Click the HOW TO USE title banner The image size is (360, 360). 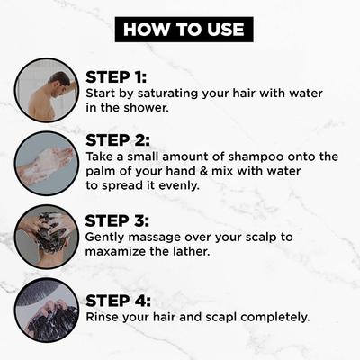(183, 29)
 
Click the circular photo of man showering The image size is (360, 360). (46, 90)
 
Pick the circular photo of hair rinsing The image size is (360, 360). (46, 310)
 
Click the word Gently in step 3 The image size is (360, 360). (107, 238)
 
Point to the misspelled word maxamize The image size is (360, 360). (120, 253)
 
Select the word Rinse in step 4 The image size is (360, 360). (105, 318)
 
